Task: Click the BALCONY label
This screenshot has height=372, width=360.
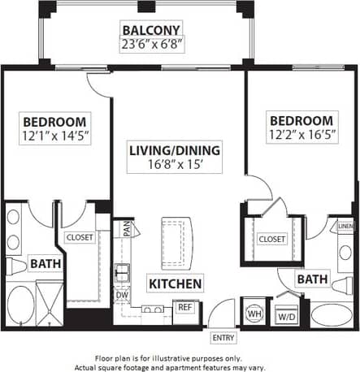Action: tap(153, 31)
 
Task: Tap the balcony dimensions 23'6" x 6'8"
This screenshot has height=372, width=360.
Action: tap(153, 45)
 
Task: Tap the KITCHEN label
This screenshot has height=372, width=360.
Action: tap(175, 283)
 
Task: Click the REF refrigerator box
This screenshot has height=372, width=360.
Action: tap(184, 307)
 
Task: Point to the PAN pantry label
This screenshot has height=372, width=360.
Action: tap(128, 230)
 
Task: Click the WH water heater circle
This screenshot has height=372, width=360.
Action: tap(253, 313)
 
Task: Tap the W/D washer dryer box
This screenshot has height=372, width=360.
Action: tap(286, 315)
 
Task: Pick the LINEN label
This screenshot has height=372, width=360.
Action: tap(345, 227)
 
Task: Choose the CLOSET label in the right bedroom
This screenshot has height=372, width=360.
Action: tap(271, 239)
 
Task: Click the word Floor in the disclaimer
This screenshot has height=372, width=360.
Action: tap(107, 357)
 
